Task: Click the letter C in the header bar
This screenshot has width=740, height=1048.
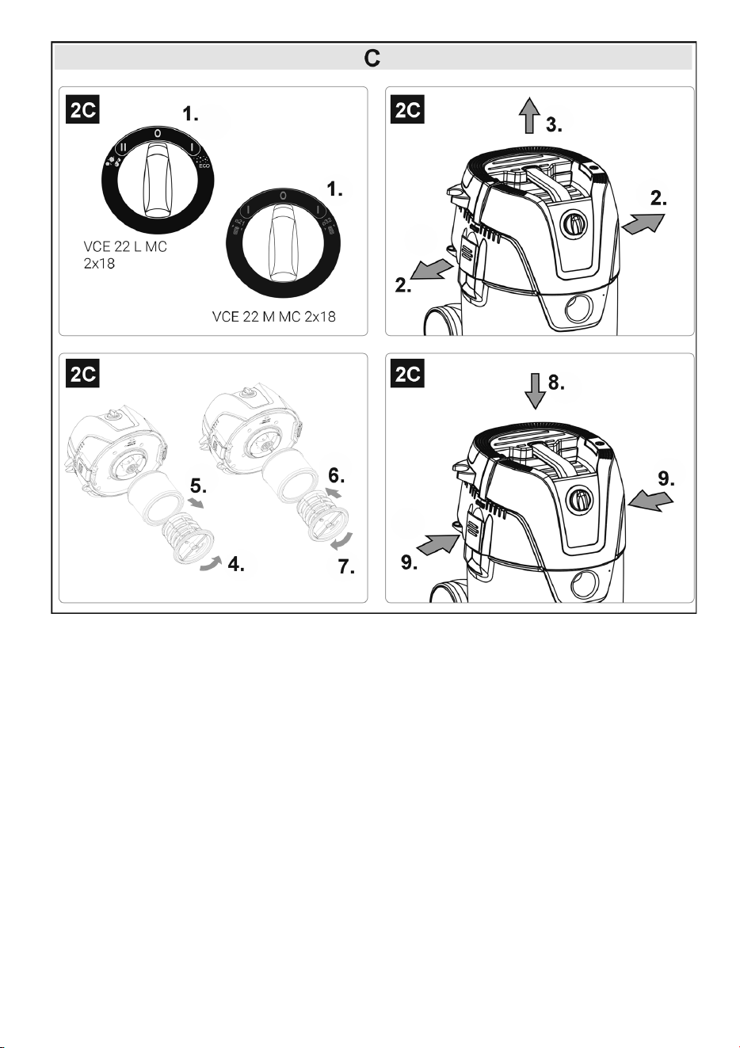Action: point(372,59)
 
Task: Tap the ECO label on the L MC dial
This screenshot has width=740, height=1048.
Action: point(204,166)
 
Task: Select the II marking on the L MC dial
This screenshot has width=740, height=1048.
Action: point(123,147)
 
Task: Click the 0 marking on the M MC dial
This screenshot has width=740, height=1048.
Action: point(283,196)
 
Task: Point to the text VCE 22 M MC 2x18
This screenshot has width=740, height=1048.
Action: point(274,317)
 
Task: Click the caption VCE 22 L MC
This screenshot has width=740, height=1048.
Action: point(125,246)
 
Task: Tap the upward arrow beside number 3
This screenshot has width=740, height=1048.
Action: point(529,115)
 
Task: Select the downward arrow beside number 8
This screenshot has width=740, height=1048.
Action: point(535,391)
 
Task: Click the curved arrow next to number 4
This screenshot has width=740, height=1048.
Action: point(210,563)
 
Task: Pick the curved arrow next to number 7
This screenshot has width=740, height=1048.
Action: point(342,540)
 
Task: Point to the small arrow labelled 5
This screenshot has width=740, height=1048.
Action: point(196,502)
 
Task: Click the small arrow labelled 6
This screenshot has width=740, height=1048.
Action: point(334,492)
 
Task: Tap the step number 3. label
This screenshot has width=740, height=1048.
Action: point(554,125)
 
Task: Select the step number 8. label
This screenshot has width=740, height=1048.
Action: point(556,383)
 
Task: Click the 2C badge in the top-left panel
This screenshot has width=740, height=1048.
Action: point(82,110)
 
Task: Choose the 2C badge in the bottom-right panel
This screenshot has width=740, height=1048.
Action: point(407,373)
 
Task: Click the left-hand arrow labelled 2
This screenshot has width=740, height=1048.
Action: point(432,269)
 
